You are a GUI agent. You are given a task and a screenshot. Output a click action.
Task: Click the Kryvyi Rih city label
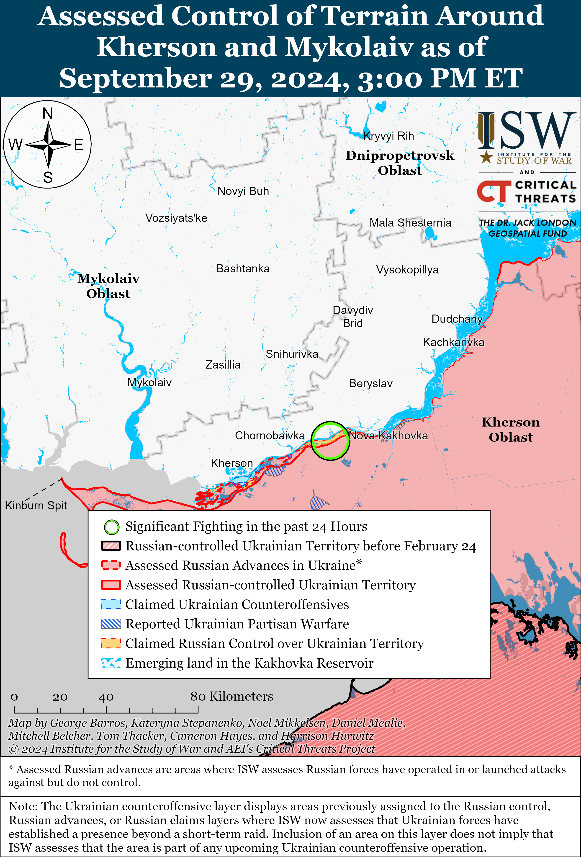pos(388,136)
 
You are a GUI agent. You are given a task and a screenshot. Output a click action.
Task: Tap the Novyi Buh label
pos(243,191)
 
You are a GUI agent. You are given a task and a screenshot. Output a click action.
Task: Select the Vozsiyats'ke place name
pos(176,218)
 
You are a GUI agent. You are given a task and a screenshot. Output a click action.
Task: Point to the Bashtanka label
pos(243,268)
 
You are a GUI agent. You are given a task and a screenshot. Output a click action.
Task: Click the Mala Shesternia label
pos(410,223)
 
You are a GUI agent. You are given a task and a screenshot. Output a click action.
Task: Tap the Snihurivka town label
pos(292,354)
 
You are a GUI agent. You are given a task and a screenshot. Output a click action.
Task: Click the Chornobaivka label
pos(270,436)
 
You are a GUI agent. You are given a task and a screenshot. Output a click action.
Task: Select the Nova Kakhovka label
pos(388,436)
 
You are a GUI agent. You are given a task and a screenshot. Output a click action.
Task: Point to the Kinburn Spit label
pos(36,505)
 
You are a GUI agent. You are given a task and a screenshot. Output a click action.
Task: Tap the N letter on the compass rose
pos(48,113)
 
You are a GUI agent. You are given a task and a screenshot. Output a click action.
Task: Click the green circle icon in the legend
pos(111,527)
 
